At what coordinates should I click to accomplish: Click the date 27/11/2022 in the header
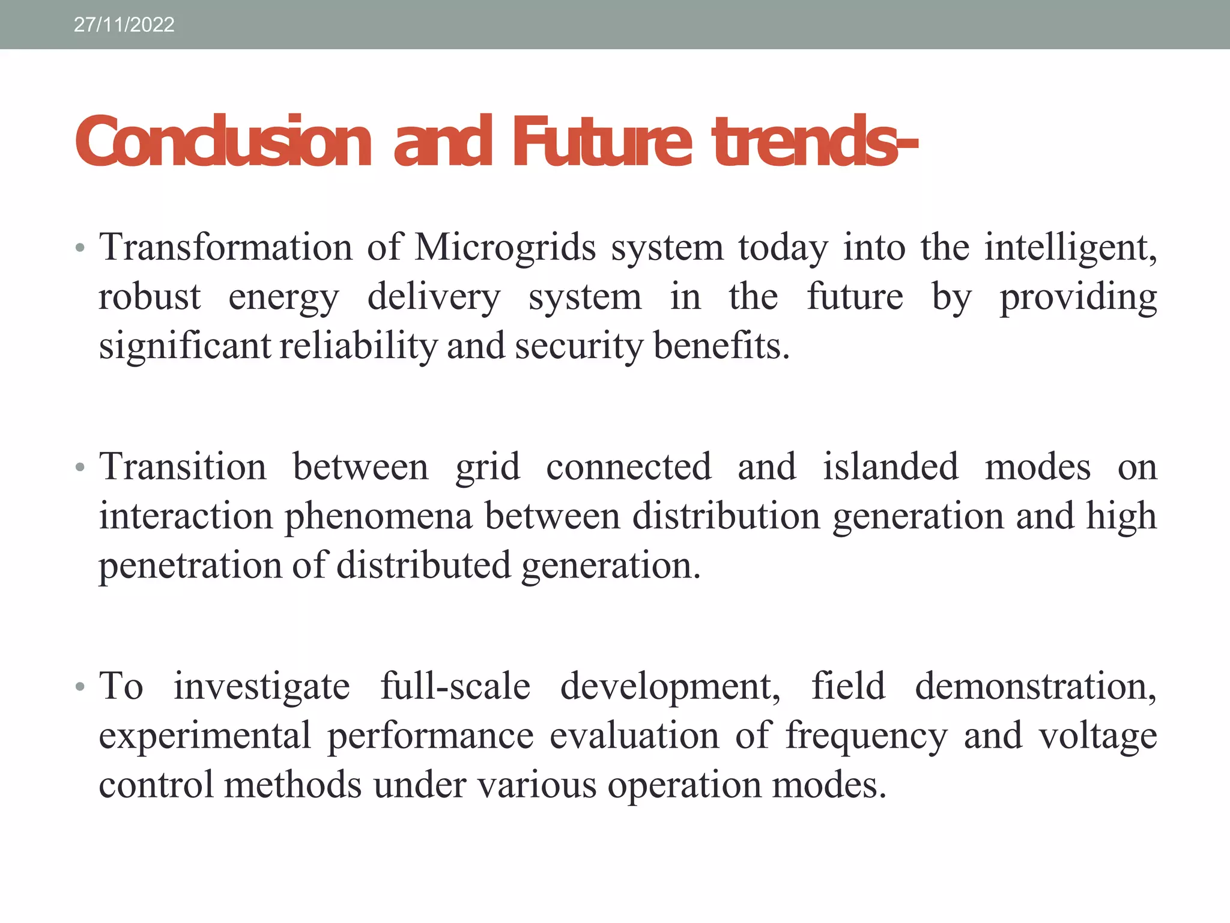[x=124, y=25]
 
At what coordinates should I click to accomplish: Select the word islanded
[x=890, y=466]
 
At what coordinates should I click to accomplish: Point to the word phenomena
[x=378, y=516]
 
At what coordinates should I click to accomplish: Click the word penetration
[x=190, y=565]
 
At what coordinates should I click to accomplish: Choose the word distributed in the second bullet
[x=423, y=565]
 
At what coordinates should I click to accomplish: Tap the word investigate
[x=261, y=686]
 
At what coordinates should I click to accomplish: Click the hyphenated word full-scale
[x=455, y=686]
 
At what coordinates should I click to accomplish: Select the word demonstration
[x=1035, y=686]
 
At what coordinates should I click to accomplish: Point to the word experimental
[x=205, y=736]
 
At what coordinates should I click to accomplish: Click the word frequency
[x=867, y=736]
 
